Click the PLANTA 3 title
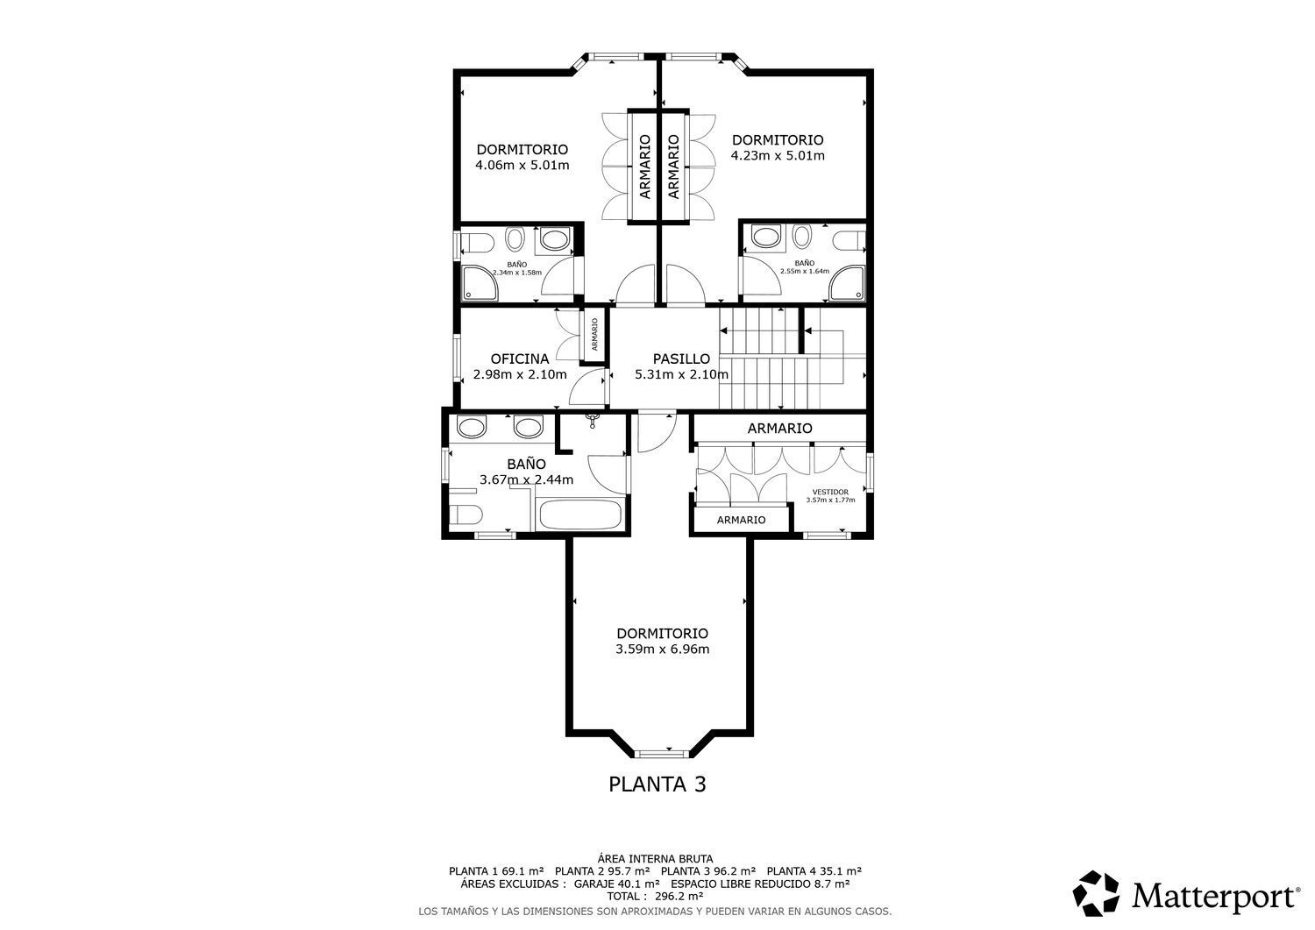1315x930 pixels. (657, 784)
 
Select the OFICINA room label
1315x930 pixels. (520, 359)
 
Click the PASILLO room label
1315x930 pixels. (681, 359)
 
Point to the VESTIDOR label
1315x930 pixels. (830, 492)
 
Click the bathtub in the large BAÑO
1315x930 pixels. (579, 515)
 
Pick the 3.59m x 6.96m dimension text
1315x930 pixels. (662, 650)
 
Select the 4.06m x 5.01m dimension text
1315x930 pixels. (522, 165)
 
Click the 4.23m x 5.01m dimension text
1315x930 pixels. (778, 156)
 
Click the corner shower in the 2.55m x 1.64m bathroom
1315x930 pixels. (848, 284)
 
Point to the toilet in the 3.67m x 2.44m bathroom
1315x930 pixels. (466, 515)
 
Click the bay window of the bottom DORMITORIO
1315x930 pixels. (662, 753)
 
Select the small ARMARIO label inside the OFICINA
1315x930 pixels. (594, 335)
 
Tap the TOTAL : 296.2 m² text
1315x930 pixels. (655, 896)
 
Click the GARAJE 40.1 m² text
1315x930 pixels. (616, 884)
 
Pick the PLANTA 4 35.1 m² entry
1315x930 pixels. (814, 871)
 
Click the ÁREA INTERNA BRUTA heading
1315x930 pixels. (655, 859)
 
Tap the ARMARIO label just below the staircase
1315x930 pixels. (779, 429)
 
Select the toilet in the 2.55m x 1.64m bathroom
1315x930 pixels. (849, 240)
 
